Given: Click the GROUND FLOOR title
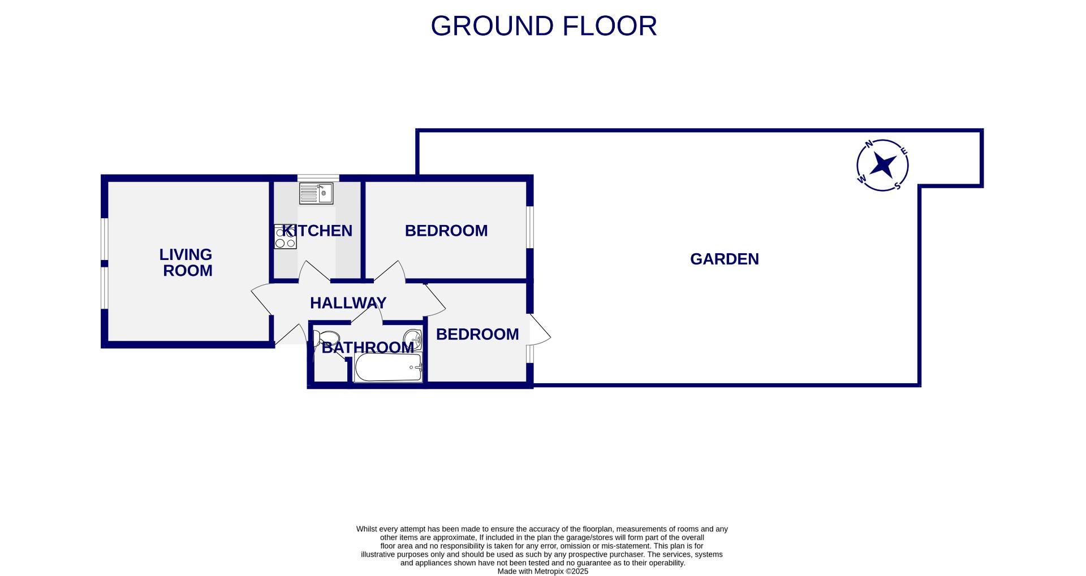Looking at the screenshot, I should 544,26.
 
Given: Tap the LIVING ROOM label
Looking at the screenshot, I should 186,262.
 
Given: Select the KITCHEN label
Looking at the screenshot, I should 317,231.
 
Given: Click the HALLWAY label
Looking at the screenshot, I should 348,303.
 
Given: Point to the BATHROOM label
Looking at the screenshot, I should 368,347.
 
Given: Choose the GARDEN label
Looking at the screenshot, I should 724,259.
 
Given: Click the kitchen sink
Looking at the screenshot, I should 316,193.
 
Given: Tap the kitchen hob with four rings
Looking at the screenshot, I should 285,237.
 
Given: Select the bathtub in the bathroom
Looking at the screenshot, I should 388,367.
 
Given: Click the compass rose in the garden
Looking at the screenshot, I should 882,165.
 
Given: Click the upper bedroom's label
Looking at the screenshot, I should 446,231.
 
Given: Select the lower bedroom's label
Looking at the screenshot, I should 477,334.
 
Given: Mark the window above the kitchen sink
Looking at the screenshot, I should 318,178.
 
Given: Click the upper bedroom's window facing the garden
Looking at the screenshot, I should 530,227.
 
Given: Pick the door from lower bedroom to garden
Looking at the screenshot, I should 539,330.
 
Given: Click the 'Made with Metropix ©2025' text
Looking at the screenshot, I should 542,571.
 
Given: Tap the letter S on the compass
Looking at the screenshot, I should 897,185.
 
